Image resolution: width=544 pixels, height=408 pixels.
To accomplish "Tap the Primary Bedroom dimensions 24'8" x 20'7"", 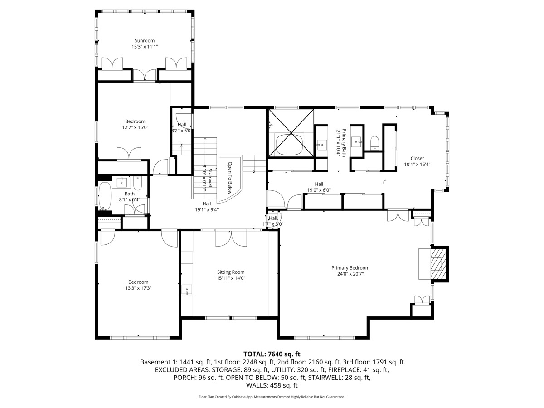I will point(350,274).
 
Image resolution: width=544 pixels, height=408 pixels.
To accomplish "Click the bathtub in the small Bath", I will point(105,196).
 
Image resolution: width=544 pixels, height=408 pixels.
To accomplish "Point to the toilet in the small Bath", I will point(138,184).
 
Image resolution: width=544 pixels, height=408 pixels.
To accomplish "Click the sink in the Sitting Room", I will point(187,290).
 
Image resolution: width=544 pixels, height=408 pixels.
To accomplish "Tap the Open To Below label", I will point(230,176).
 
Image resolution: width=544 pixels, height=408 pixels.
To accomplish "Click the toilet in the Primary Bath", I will point(375,143).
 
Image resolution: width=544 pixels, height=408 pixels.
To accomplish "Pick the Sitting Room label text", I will point(231,272).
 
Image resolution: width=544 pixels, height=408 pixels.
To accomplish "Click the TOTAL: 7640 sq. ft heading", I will point(272,354).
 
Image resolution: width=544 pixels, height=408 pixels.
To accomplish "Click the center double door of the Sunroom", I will point(145,75).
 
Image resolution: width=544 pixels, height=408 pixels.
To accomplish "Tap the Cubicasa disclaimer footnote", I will point(272,397).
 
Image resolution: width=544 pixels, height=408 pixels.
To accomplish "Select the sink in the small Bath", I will point(122,183).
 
